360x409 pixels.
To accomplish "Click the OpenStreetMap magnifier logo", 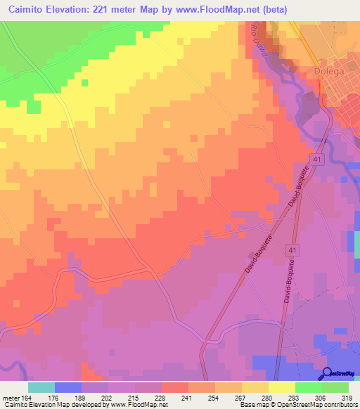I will tap(327, 373).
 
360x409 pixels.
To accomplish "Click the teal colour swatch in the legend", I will tap(41, 387).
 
